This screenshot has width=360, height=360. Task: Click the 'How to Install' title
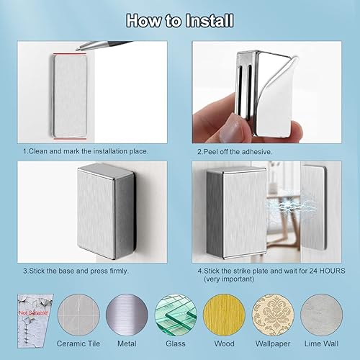click(180, 19)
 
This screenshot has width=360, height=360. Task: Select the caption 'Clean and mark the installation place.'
click(85, 151)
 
